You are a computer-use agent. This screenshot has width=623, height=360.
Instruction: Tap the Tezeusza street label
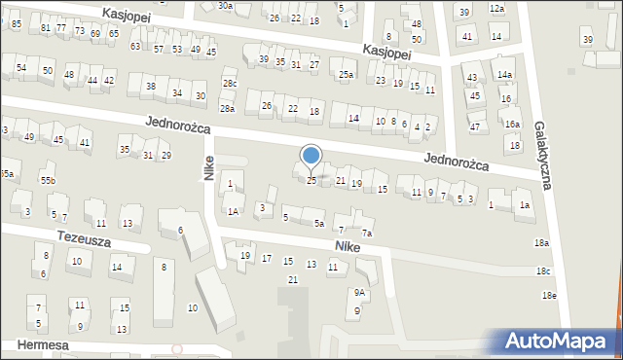[x=56, y=237]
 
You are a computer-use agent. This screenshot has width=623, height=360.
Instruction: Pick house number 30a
[x=225, y=6]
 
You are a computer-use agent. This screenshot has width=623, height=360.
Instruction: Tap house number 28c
[x=229, y=83]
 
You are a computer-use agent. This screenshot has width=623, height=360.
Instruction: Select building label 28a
[x=227, y=109]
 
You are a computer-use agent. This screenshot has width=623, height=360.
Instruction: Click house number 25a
[x=346, y=74]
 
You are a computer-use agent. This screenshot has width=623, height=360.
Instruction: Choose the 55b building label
[x=49, y=181]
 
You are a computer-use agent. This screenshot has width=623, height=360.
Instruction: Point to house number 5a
[x=319, y=223]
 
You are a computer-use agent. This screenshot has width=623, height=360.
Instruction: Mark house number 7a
[x=367, y=233]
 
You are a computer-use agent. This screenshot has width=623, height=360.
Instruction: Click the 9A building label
[x=360, y=292]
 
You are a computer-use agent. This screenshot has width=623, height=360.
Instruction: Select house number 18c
[x=543, y=270]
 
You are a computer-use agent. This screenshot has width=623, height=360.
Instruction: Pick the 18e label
[x=550, y=295]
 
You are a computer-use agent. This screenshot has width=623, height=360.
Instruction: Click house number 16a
[x=512, y=125]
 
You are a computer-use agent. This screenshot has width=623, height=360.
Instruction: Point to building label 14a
[x=504, y=74]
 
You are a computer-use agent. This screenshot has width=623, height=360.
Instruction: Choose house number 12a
[x=497, y=8]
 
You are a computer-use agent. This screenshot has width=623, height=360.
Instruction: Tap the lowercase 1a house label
[x=525, y=204]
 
